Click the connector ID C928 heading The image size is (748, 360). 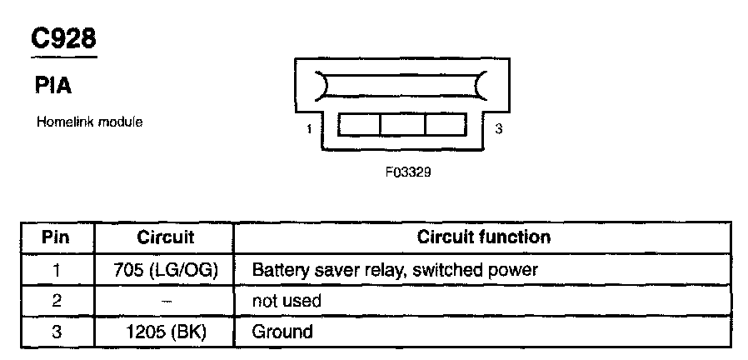[x=64, y=38]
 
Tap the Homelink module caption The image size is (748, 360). [x=89, y=122]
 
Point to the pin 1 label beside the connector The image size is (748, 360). [x=309, y=129]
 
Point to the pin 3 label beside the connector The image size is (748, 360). [x=498, y=129]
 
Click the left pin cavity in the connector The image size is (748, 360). [x=359, y=125]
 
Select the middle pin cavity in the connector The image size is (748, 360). [x=402, y=125]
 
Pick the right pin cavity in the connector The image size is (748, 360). [x=447, y=125]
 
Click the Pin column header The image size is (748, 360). [x=57, y=237]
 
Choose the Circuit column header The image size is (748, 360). [x=165, y=237]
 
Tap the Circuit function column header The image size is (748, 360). [x=483, y=237]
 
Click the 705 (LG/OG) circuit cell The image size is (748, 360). [x=165, y=270]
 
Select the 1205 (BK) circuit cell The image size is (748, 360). [x=165, y=332]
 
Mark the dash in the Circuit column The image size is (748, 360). [x=165, y=301]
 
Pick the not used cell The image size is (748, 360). [x=286, y=301]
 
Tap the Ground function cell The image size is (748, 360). [x=282, y=332]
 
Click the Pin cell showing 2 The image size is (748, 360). [x=57, y=301]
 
